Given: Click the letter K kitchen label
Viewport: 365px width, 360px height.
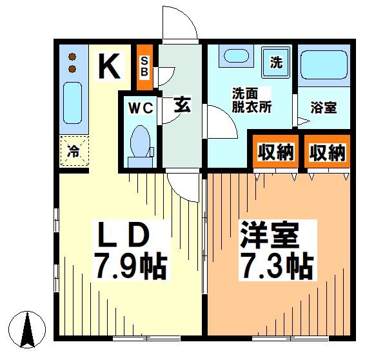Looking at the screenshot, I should [x=110, y=65].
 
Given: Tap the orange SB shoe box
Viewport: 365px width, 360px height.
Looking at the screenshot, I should [x=145, y=66].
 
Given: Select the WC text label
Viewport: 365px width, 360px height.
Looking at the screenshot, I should [x=140, y=108].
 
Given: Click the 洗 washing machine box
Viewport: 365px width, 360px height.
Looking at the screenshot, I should [x=277, y=63].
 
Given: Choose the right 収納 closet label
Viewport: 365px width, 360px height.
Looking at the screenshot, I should [x=327, y=152].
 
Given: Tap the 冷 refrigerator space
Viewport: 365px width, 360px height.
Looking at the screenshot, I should [x=74, y=152].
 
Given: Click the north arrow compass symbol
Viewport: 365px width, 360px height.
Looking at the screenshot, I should [x=28, y=329].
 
